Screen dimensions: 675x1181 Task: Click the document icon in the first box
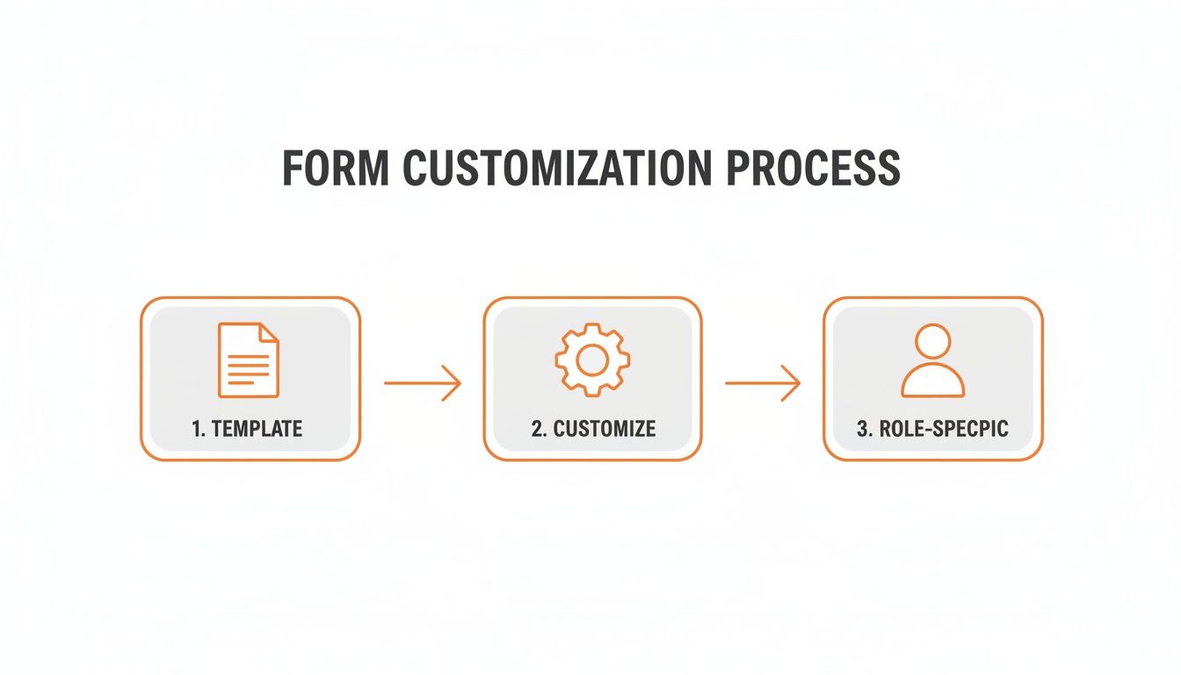tap(248, 360)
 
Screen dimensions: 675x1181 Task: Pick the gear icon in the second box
tap(591, 359)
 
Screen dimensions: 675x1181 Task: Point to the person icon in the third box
tap(932, 360)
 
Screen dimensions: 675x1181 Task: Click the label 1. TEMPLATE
tap(248, 429)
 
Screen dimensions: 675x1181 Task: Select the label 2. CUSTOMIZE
tap(593, 429)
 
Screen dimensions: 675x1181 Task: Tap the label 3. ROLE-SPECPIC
tap(932, 429)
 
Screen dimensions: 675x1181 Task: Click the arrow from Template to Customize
tap(422, 383)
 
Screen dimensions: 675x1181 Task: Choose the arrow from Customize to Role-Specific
tap(762, 383)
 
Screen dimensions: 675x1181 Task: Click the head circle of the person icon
tap(932, 341)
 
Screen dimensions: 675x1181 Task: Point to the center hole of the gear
tap(591, 359)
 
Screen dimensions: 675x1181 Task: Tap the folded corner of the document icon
tap(269, 333)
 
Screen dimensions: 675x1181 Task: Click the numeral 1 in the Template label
tap(196, 429)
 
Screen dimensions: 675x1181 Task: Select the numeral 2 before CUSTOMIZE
tap(536, 429)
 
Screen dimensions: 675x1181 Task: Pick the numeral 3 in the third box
tap(861, 429)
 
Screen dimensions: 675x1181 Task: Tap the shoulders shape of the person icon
tap(932, 382)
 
